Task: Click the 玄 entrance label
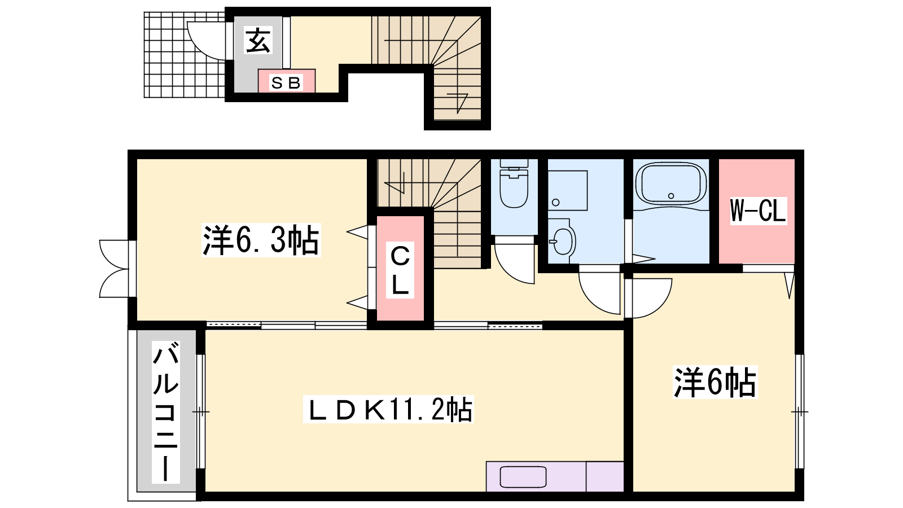(258, 40)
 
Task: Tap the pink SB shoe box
(287, 81)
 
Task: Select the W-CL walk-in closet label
(758, 211)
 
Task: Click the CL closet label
(400, 270)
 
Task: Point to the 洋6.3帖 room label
(261, 240)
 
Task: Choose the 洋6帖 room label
(714, 382)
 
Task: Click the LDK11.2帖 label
(388, 409)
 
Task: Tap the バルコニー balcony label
(166, 412)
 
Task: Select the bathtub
(671, 183)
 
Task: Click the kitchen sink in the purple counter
(523, 477)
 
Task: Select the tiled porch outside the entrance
(184, 55)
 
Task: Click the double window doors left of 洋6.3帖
(116, 269)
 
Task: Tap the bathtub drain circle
(671, 196)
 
